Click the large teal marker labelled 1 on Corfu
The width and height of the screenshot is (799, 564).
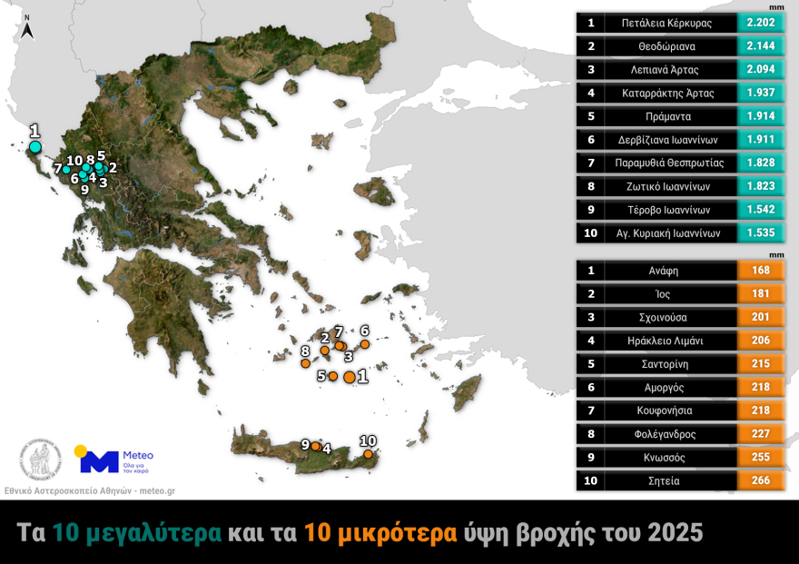tap(35, 147)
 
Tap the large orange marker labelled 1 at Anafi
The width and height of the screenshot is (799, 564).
tap(350, 377)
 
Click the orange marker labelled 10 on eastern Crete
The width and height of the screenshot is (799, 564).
tap(368, 453)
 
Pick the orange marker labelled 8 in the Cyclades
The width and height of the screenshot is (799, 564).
tap(306, 363)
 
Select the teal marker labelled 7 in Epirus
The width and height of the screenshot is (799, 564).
tap(66, 170)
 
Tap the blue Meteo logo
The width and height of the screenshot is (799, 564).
tap(100, 460)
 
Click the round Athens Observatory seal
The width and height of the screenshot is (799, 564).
tap(40, 460)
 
